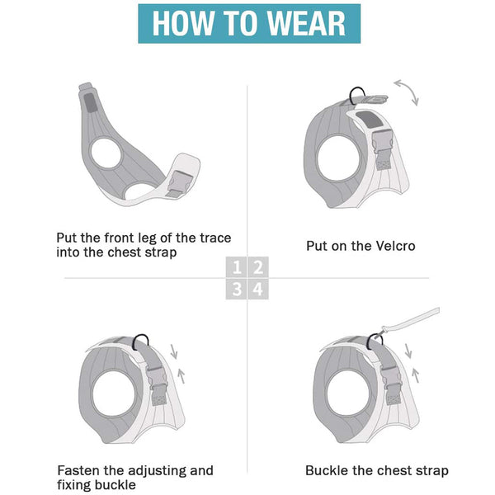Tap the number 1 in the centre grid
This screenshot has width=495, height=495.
click(238, 267)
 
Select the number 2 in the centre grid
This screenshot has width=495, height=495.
click(257, 267)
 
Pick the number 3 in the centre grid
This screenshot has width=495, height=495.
click(238, 288)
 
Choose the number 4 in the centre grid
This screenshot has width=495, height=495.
click(257, 288)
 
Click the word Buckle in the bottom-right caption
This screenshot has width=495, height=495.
click(327, 470)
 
